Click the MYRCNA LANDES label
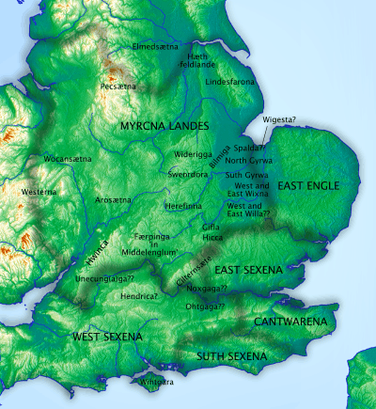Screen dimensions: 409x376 158,125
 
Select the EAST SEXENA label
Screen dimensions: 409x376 248,270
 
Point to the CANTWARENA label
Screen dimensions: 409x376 290,322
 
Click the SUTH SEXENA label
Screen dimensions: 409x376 230,356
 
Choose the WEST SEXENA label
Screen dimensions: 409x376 107,336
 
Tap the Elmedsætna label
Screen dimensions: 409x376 159,44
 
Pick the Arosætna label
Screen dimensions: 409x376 112,200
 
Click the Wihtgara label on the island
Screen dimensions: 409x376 157,384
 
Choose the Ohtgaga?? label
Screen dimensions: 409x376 204,307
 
